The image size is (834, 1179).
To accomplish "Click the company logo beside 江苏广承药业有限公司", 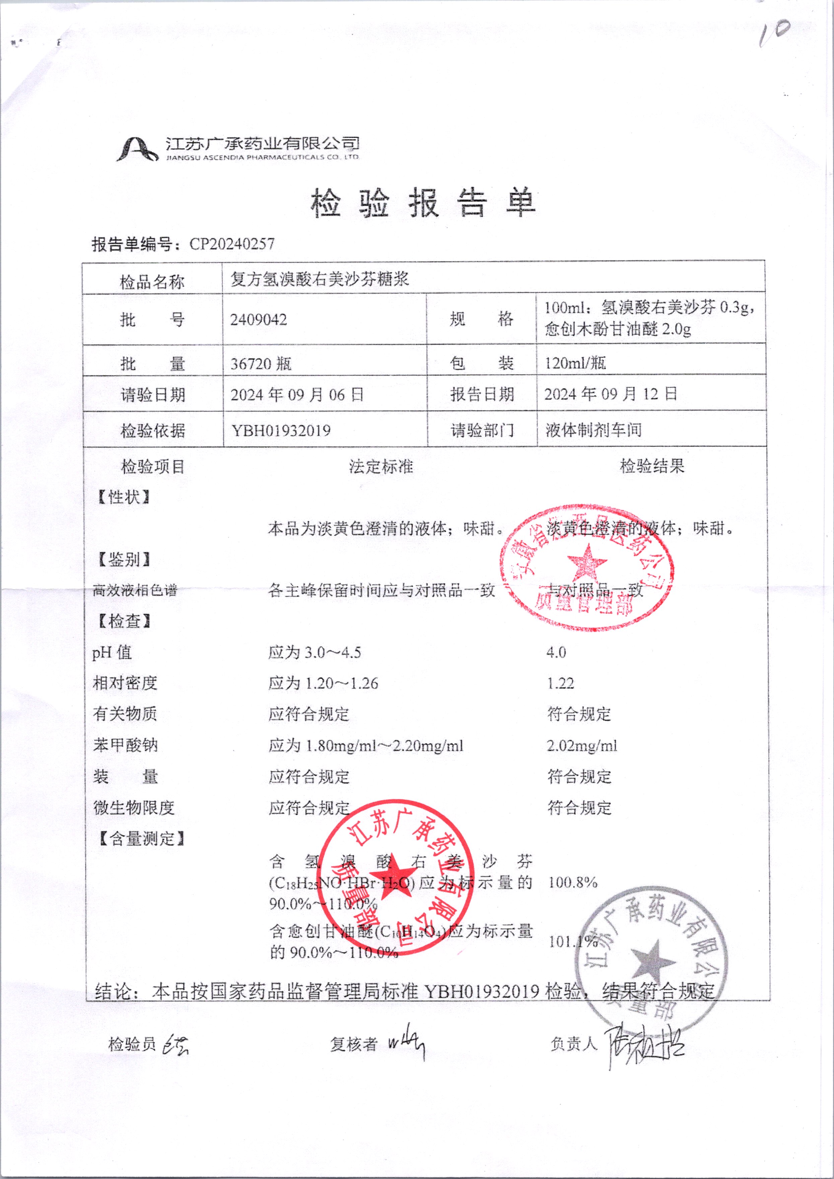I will [x=137, y=149].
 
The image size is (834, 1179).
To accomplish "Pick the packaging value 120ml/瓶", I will [x=575, y=364].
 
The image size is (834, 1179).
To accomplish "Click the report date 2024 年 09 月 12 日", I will [x=611, y=394].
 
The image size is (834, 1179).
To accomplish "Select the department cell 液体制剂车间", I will [x=594, y=430].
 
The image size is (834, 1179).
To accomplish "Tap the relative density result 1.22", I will [x=560, y=683].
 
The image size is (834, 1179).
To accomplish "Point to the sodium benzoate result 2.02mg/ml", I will [x=582, y=745].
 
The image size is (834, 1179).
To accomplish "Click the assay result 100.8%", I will [x=572, y=883].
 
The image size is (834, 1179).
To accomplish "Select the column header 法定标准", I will [x=381, y=466].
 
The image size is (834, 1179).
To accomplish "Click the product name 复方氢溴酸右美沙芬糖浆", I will [x=320, y=279].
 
